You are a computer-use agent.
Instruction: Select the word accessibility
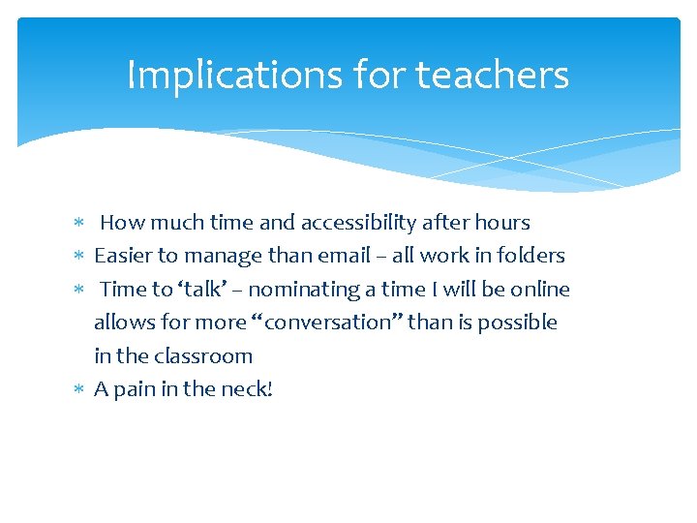click(359, 223)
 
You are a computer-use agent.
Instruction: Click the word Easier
click(123, 256)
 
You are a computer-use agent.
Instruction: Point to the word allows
click(121, 323)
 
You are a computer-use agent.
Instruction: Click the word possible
click(517, 323)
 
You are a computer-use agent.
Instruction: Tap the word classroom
click(201, 356)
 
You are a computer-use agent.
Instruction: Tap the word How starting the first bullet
click(121, 223)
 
